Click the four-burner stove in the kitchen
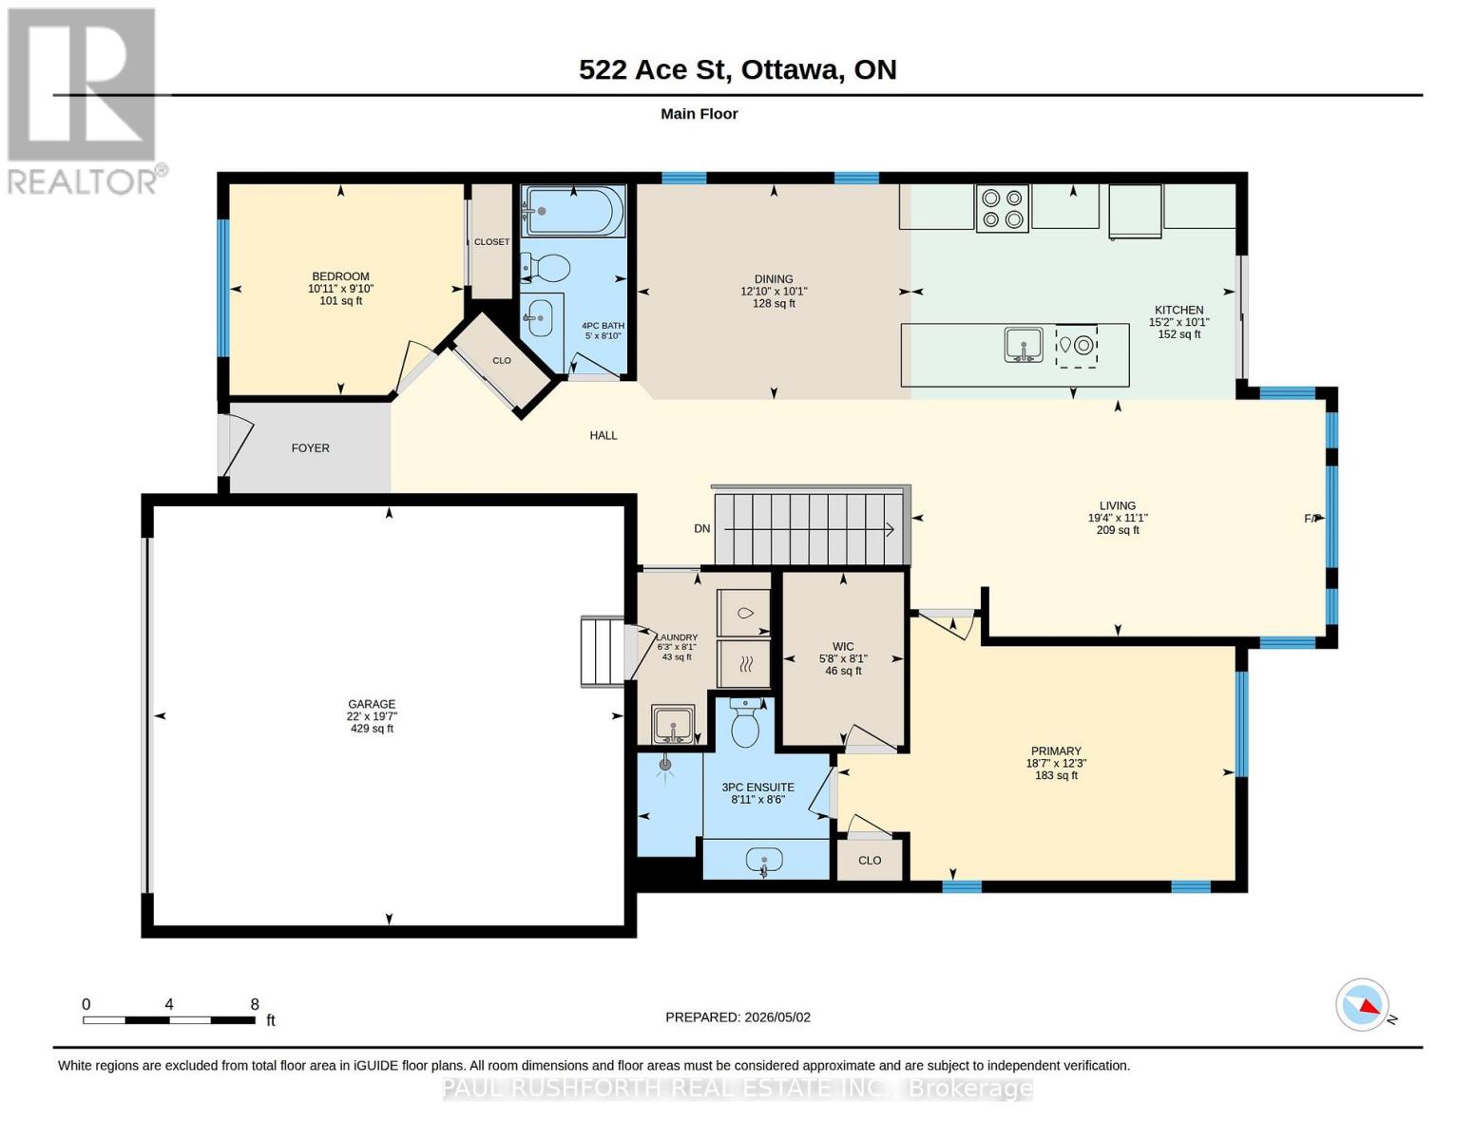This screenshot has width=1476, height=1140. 1002,208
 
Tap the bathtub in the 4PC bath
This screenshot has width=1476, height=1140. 572,211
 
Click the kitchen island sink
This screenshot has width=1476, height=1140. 1023,344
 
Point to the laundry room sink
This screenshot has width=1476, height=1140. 673,725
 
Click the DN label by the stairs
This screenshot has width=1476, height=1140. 701,528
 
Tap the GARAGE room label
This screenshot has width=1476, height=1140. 372,704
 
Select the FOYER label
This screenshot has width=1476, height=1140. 311,448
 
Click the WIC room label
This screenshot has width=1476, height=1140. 843,646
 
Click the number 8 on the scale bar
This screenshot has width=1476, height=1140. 255,1004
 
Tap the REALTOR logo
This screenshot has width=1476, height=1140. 84,102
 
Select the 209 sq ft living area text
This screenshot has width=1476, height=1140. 1118,529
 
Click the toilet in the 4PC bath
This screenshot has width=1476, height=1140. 545,268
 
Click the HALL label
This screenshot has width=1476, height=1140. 604,435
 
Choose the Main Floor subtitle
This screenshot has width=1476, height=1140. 699,114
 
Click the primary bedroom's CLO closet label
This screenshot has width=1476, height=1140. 870,861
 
